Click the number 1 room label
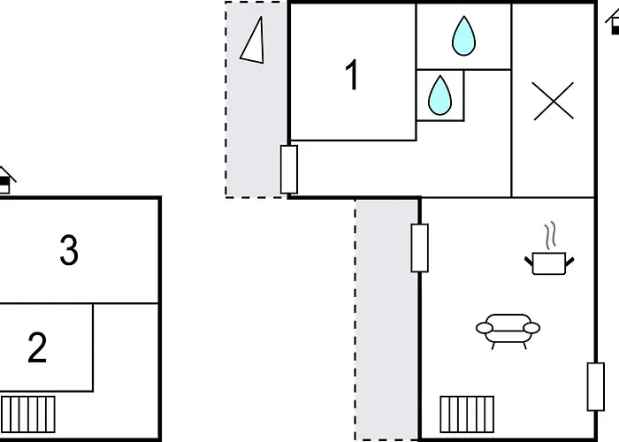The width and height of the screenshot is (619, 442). click(x=352, y=75)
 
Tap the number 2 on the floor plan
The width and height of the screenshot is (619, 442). click(x=37, y=347)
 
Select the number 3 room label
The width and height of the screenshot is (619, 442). click(x=69, y=250)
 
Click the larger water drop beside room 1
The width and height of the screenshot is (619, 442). click(x=463, y=36)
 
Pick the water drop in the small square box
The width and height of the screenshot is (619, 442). click(x=439, y=95)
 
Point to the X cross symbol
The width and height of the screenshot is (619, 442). click(x=553, y=101)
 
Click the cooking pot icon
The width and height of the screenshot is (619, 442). click(x=549, y=263)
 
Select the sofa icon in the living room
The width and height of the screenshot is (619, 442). click(x=508, y=331)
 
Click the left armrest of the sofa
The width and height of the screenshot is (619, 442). click(x=485, y=328)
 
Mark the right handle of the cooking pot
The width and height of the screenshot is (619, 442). click(x=570, y=262)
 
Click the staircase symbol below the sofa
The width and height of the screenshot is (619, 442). click(x=467, y=415)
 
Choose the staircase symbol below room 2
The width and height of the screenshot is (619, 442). click(x=28, y=415)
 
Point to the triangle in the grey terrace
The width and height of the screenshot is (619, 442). click(x=253, y=41)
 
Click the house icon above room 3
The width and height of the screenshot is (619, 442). click(x=5, y=180)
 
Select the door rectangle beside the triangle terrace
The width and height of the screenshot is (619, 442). click(x=289, y=170)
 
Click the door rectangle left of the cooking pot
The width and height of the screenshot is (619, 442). click(x=420, y=248)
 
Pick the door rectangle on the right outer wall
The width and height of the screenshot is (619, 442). click(x=596, y=387)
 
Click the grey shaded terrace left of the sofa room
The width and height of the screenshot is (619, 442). click(x=387, y=320)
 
